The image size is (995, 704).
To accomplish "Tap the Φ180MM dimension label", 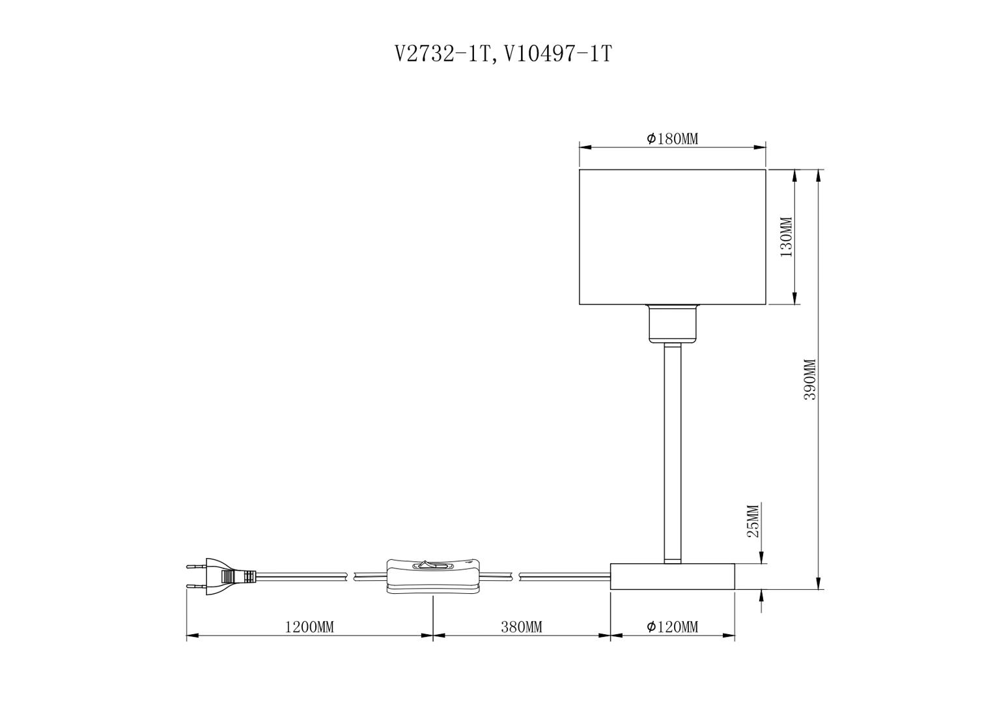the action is [673, 139].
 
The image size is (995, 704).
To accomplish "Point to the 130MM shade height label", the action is [786, 237].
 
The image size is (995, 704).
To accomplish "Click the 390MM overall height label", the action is [810, 379].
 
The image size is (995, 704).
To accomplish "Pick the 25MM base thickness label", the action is [753, 521].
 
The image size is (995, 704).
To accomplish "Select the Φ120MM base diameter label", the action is [673, 627].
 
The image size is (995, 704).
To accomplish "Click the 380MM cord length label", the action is [522, 627].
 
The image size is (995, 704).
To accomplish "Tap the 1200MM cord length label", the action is [309, 627].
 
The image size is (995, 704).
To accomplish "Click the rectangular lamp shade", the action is [673, 237].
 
